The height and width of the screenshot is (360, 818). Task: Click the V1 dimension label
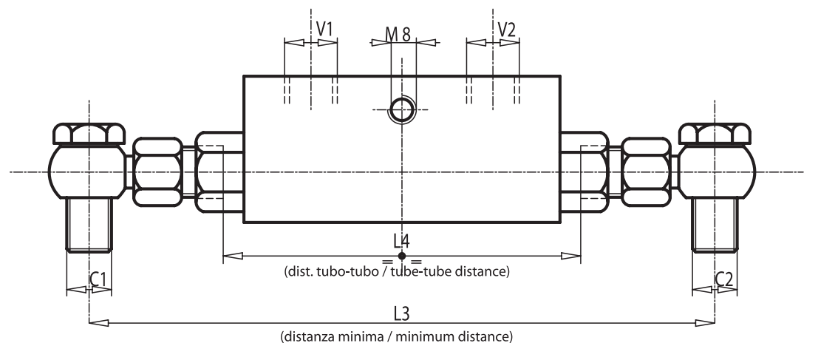[324, 29]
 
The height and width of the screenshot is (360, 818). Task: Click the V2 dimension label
[506, 29]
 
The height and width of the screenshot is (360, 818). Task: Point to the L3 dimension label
[401, 313]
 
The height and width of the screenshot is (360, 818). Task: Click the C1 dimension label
[99, 279]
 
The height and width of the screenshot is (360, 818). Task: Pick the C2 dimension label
[724, 279]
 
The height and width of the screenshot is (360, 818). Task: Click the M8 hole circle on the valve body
[402, 110]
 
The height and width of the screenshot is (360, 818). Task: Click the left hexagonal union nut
[157, 172]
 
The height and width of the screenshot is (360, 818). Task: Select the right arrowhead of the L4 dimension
[571, 256]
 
